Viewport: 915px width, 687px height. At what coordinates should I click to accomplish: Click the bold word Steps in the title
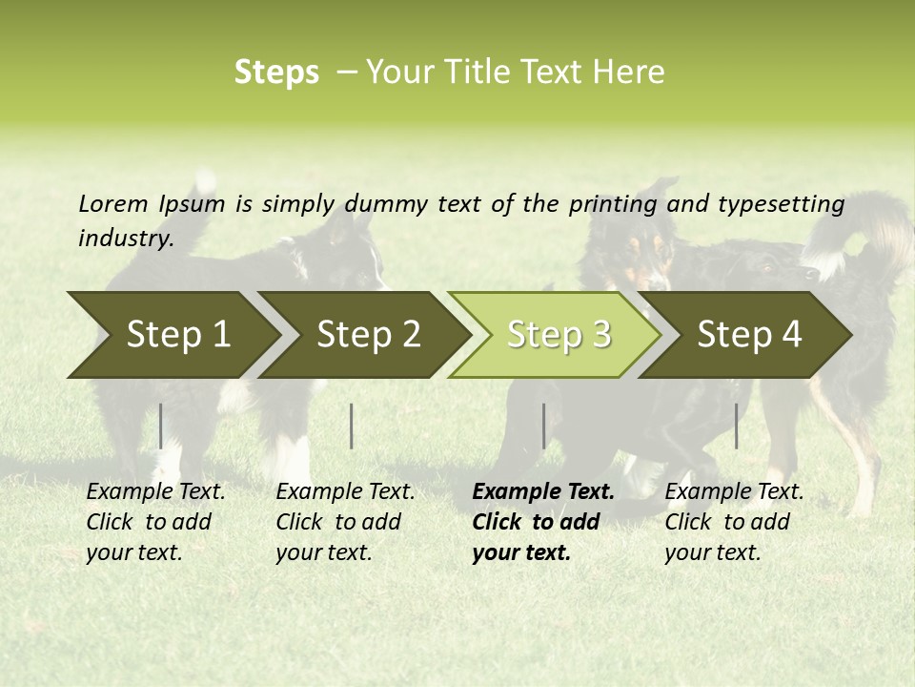click(x=276, y=73)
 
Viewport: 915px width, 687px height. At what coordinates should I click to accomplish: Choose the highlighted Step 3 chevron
click(x=559, y=335)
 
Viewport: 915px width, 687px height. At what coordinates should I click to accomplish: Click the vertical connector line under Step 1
click(x=161, y=426)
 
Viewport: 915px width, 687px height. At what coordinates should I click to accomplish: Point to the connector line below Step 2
click(x=352, y=426)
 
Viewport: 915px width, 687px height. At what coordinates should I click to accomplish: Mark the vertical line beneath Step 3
click(x=544, y=426)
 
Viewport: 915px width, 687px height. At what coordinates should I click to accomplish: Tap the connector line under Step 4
click(x=737, y=426)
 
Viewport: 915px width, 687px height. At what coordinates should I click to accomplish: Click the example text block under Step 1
click(x=155, y=522)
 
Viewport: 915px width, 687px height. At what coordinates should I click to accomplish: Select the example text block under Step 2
click(x=345, y=522)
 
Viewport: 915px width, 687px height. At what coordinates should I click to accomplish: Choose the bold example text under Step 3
click(x=542, y=522)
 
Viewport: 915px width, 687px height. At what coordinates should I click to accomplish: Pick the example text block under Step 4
click(x=734, y=522)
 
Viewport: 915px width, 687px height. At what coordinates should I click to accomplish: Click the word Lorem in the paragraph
click(x=113, y=203)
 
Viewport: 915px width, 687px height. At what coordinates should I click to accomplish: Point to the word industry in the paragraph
click(x=126, y=239)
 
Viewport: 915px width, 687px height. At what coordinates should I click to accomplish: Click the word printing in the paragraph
click(x=613, y=204)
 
